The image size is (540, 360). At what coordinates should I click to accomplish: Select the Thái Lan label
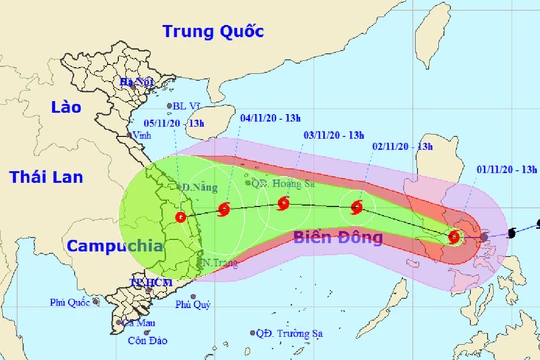[44, 177]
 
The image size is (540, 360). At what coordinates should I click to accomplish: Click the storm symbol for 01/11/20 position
[455, 237]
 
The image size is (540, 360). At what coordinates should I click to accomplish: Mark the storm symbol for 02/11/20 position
[357, 208]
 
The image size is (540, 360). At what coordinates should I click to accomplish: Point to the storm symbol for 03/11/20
[284, 204]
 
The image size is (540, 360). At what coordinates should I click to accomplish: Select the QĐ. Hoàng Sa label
[283, 182]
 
